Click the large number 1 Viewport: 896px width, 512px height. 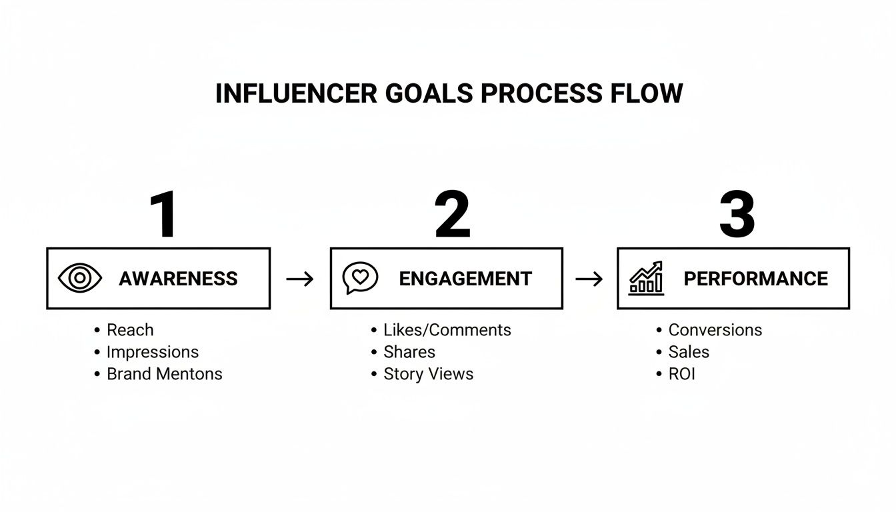coord(164,215)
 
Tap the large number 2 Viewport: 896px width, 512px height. coord(453,215)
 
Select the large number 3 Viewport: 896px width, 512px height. coord(737,215)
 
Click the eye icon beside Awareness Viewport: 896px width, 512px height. coord(80,278)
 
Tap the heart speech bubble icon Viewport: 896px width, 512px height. coord(360,278)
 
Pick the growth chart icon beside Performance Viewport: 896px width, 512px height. coord(646,278)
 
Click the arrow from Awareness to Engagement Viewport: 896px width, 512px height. coord(300,279)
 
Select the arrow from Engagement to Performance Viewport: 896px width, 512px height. coord(589,279)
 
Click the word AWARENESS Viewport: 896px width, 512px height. coord(178,279)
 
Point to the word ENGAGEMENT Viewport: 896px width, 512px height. coord(465,279)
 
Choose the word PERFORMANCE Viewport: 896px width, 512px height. coord(755,279)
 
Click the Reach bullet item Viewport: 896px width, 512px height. coord(130,330)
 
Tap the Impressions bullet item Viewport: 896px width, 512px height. coord(153,352)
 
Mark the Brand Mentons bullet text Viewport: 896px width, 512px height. coord(164,374)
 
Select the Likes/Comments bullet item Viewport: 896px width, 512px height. coord(447,330)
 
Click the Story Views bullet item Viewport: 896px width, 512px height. coord(428,374)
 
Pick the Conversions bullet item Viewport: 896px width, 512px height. coord(715,330)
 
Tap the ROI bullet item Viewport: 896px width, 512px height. coord(681,374)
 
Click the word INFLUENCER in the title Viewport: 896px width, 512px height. coord(296,94)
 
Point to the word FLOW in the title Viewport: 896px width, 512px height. coord(647,94)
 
